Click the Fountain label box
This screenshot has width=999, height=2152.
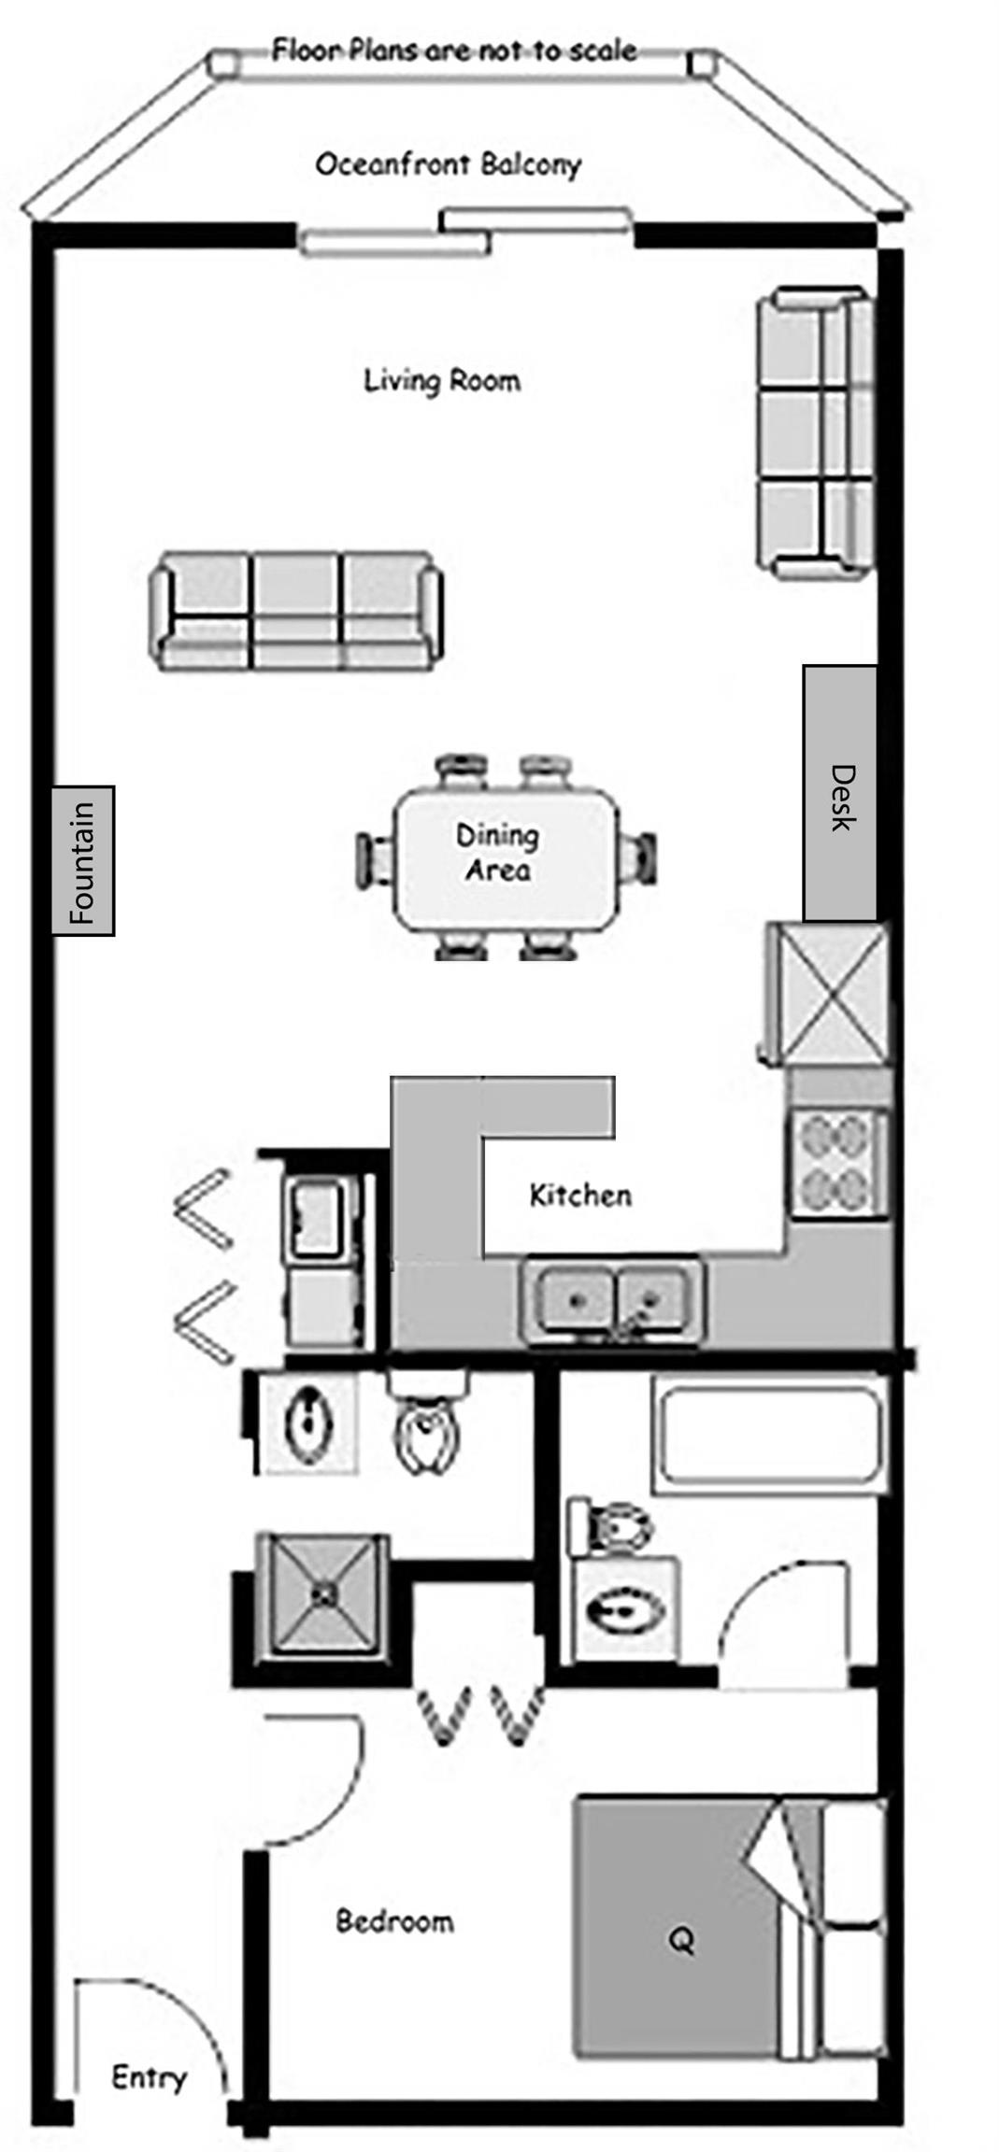pyautogui.click(x=82, y=860)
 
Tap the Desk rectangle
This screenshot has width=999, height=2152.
pyautogui.click(x=839, y=793)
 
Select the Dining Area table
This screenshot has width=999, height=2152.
pyautogui.click(x=506, y=857)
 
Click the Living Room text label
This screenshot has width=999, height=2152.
pyautogui.click(x=441, y=380)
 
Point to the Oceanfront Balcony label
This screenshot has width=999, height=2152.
pyautogui.click(x=449, y=164)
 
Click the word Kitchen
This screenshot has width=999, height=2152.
pyautogui.click(x=580, y=1195)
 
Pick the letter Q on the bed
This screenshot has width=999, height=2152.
pyautogui.click(x=681, y=1942)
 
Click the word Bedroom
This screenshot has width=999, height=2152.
pyautogui.click(x=394, y=1921)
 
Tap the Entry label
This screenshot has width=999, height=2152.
pyautogui.click(x=149, y=2078)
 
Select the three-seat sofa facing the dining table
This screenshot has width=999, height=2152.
pyautogui.click(x=295, y=611)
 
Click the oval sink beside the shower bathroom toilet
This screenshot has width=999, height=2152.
pyautogui.click(x=307, y=1425)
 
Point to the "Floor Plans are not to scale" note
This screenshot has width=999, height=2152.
pyautogui.click(x=454, y=50)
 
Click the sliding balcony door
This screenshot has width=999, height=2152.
pyautogui.click(x=465, y=233)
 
